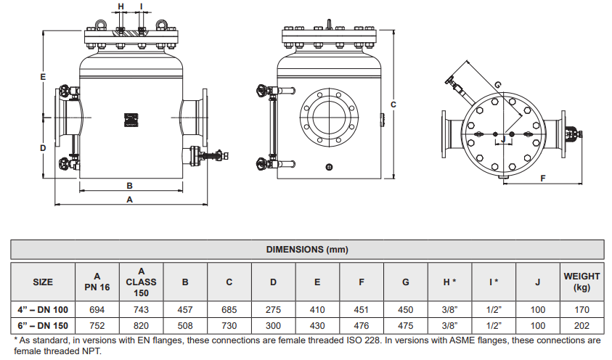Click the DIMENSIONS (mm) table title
click(x=306, y=249)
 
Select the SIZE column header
click(x=43, y=282)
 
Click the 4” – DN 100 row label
click(x=43, y=309)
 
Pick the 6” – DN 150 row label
click(x=43, y=324)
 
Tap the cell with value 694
click(x=97, y=309)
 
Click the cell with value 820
click(x=141, y=324)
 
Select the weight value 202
click(x=582, y=324)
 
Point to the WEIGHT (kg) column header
click(x=582, y=282)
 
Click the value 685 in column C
click(x=229, y=309)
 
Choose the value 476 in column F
click(x=362, y=324)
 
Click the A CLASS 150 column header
click(x=141, y=282)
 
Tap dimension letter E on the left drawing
click(x=44, y=76)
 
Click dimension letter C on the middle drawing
click(x=393, y=105)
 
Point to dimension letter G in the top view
click(x=497, y=84)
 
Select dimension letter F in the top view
click(x=543, y=177)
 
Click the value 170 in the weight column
click(x=582, y=309)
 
